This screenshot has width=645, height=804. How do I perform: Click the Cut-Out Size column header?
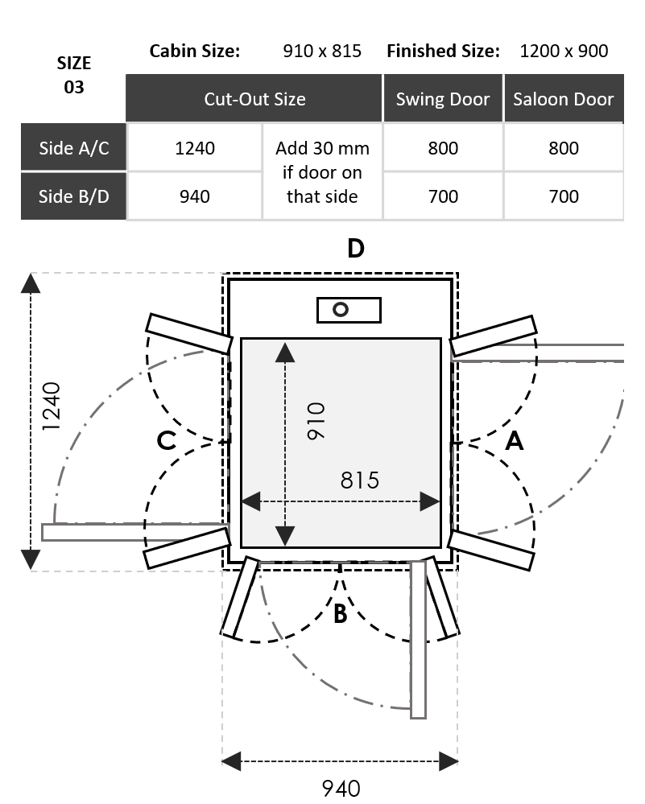click(x=254, y=99)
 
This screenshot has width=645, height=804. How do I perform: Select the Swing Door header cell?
click(x=443, y=99)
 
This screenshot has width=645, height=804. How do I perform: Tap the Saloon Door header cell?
click(x=564, y=99)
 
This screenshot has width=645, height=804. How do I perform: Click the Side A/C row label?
click(x=74, y=147)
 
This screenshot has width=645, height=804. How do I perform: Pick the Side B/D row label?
click(x=74, y=196)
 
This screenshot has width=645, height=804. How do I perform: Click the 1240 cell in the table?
click(x=195, y=147)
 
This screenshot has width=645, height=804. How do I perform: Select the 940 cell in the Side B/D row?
click(x=195, y=196)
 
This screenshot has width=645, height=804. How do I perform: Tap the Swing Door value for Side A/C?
click(x=443, y=147)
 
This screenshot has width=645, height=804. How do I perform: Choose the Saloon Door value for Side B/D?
click(x=564, y=196)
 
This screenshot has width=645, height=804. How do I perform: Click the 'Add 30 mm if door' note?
click(x=322, y=171)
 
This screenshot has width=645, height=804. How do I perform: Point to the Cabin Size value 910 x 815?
click(x=322, y=51)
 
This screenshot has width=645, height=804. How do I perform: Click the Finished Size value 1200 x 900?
click(x=564, y=51)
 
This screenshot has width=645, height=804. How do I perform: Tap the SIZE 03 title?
click(x=73, y=75)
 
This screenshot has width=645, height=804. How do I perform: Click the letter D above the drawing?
click(x=355, y=249)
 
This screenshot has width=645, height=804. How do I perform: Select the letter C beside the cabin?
click(x=167, y=441)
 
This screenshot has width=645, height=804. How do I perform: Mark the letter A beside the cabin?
click(x=514, y=441)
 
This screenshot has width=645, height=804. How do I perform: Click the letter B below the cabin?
click(x=340, y=614)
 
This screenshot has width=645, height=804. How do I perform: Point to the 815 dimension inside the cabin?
click(x=359, y=480)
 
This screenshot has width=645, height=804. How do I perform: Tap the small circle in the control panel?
click(x=341, y=309)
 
